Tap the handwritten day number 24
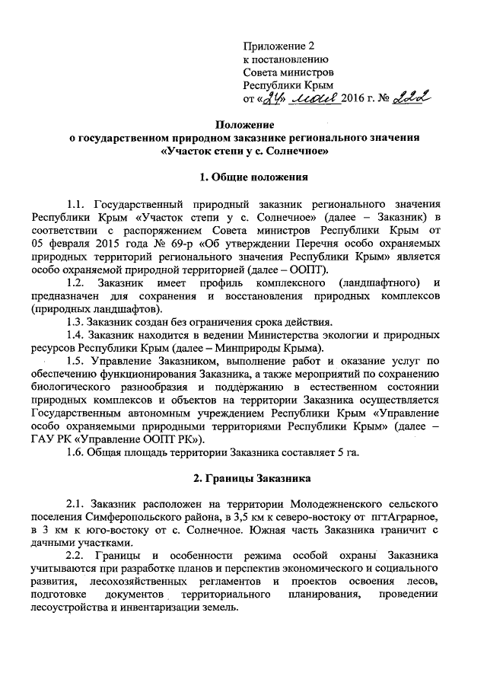tap(273, 97)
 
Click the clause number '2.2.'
tap(77, 557)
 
